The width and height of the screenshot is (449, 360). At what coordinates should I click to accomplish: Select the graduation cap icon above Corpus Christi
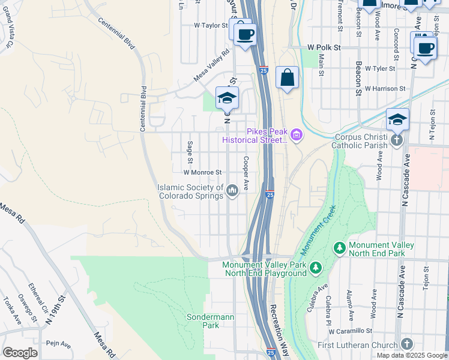point(397,120)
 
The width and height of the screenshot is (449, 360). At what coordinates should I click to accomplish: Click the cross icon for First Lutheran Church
point(406,344)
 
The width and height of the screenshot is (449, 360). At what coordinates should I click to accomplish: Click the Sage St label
point(189,152)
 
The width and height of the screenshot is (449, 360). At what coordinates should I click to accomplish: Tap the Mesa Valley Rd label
point(211,65)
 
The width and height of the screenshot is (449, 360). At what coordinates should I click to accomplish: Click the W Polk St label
point(324,47)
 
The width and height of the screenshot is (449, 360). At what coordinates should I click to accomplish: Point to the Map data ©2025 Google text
point(412,355)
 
